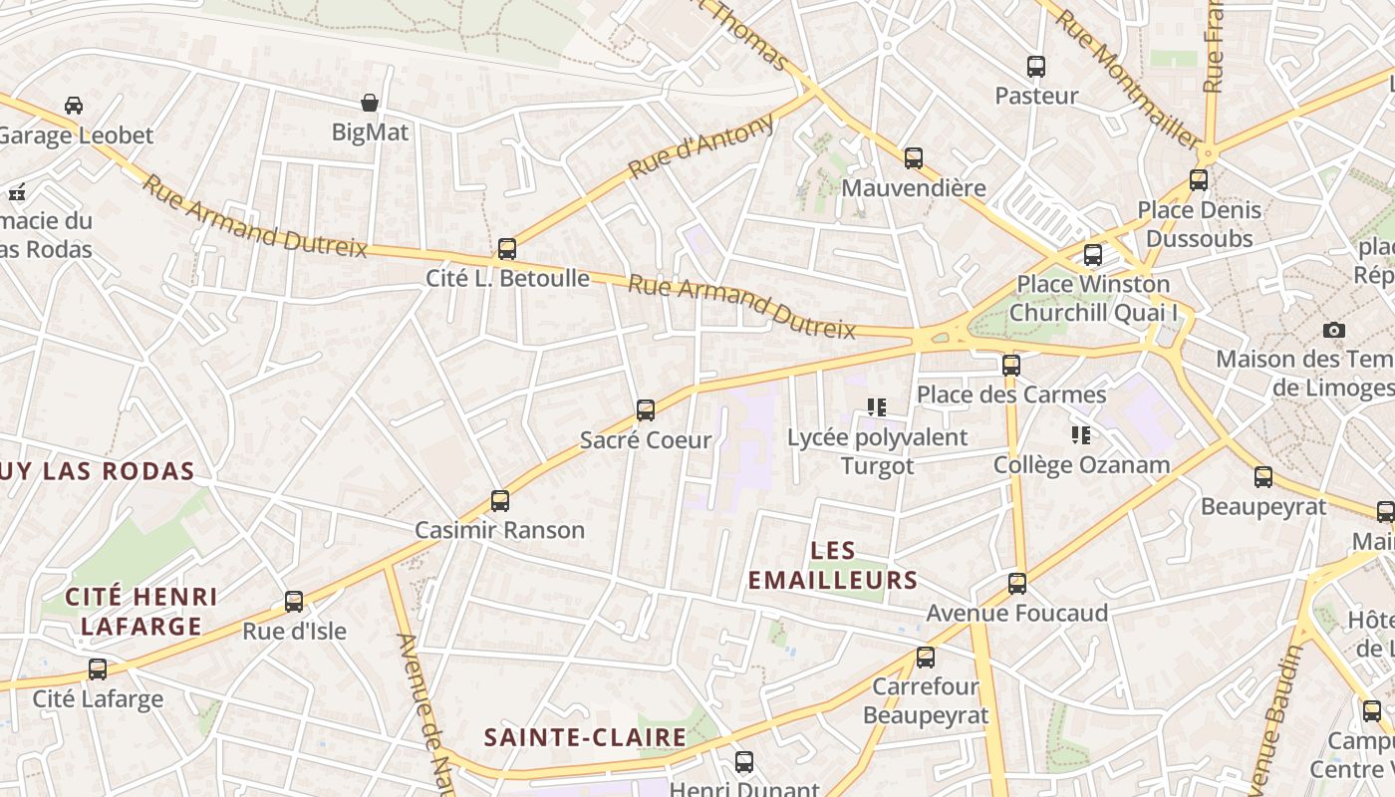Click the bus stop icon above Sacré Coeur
[646, 409]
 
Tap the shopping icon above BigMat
[370, 103]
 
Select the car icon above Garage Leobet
[74, 106]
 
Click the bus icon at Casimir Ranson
[500, 500]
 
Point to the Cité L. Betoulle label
[508, 278]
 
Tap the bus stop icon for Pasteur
[1036, 67]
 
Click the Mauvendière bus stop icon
[914, 157]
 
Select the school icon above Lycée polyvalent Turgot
[877, 407]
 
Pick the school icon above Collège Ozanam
[1081, 435]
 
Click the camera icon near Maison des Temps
[1334, 330]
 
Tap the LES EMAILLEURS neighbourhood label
[833, 565]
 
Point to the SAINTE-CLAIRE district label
[585, 738]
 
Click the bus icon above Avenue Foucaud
[1017, 583]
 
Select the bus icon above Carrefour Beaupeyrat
[926, 657]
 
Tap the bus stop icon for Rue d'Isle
[294, 601]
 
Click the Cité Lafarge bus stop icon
[98, 668]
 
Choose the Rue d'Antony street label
[701, 146]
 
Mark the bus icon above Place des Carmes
[1011, 365]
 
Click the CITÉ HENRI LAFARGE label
[140, 612]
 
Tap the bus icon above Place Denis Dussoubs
[1199, 180]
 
